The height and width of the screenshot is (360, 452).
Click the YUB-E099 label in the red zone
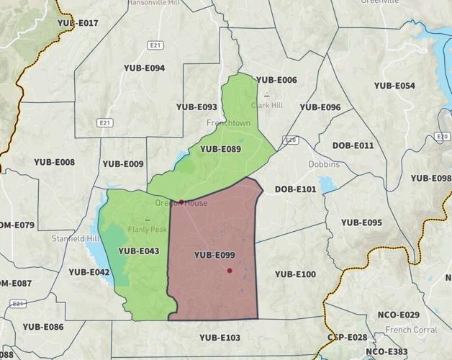(x=214, y=255)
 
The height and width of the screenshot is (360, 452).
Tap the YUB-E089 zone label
(x=220, y=150)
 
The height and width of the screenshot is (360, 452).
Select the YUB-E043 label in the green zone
(x=138, y=251)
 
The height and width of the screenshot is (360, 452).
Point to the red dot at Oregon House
(x=182, y=202)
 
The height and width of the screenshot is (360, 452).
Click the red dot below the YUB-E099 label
(x=230, y=271)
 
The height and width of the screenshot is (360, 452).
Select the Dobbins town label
(x=324, y=164)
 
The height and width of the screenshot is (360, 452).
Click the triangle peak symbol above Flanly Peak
(x=148, y=220)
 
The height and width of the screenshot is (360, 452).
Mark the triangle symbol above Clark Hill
(x=266, y=94)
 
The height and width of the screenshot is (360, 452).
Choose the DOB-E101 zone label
(x=295, y=189)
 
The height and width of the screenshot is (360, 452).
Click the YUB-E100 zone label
(x=295, y=274)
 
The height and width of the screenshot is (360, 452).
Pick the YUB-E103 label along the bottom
(x=220, y=337)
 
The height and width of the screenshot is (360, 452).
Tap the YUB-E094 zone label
(x=144, y=68)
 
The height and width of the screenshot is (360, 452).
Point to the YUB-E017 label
(x=78, y=23)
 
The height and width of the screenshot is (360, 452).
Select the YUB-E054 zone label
(x=394, y=86)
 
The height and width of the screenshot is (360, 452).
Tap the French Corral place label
(x=411, y=330)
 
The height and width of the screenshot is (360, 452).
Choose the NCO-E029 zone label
(x=398, y=315)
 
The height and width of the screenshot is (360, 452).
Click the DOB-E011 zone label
(x=353, y=145)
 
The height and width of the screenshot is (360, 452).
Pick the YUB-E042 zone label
(x=89, y=272)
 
